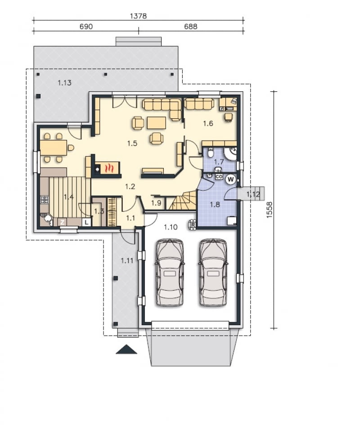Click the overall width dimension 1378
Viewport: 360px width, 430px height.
[138, 16]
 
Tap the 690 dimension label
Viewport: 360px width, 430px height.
[86, 27]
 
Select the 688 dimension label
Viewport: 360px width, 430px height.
[191, 27]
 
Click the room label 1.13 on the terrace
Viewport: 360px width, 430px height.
[65, 83]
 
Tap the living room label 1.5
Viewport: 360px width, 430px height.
[132, 143]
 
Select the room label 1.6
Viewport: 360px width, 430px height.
[208, 123]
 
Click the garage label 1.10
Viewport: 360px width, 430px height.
[171, 227]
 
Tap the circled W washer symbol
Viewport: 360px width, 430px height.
[231, 179]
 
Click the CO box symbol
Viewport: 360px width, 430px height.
[219, 177]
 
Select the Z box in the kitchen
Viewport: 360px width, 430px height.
[62, 222]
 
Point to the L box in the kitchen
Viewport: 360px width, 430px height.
[86, 222]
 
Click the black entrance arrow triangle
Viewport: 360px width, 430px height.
[126, 349]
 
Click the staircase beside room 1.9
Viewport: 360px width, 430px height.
[182, 201]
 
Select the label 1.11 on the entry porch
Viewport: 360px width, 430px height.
[127, 260]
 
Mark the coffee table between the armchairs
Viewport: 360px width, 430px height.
[157, 123]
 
